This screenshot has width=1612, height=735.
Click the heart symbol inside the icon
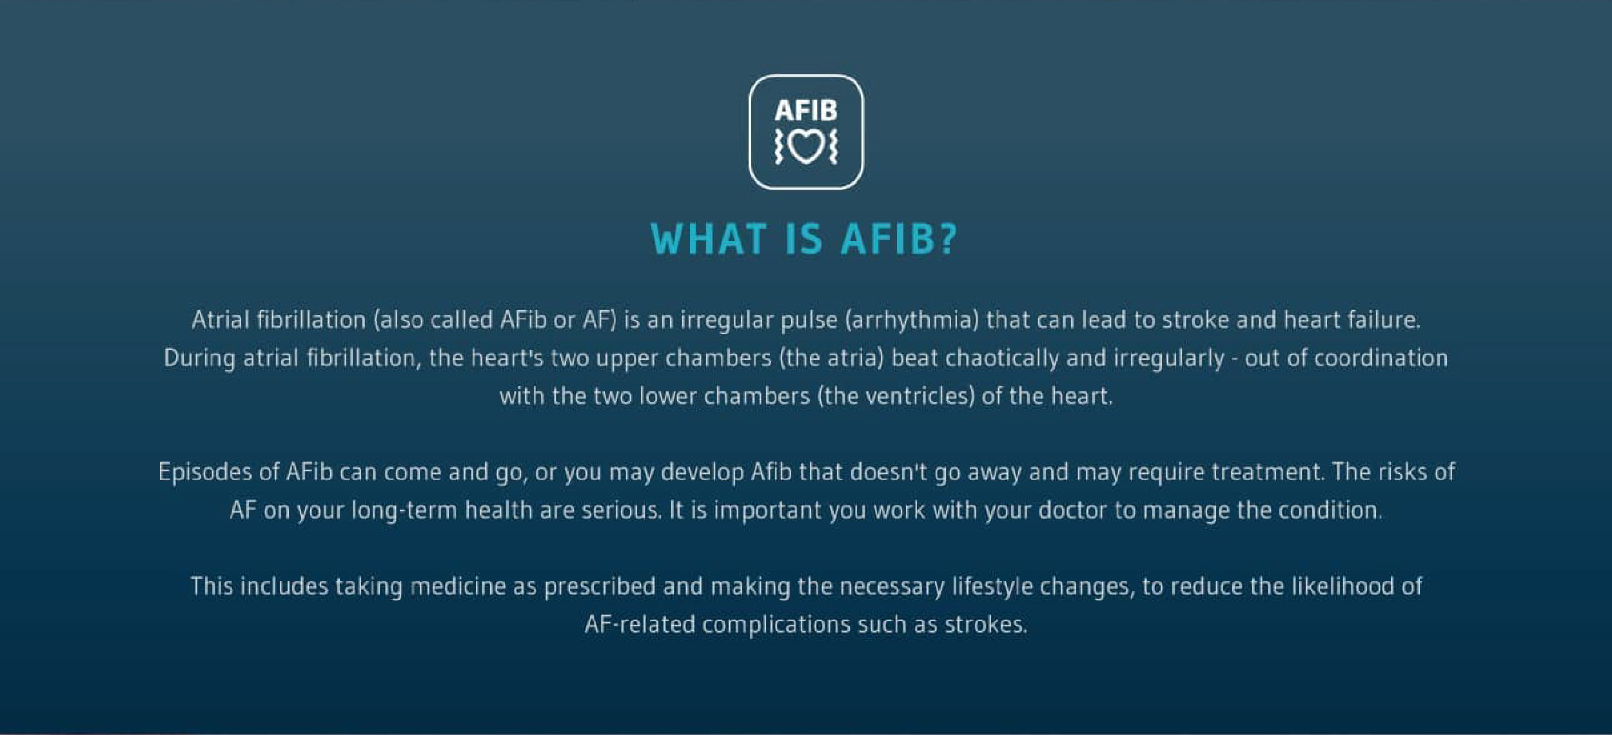(806, 147)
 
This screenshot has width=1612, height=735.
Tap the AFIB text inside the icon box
(806, 110)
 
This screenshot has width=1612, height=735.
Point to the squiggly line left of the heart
(780, 146)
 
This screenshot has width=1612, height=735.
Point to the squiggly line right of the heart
(832, 146)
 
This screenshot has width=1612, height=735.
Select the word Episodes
(205, 472)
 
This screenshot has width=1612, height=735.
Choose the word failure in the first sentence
(1383, 320)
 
